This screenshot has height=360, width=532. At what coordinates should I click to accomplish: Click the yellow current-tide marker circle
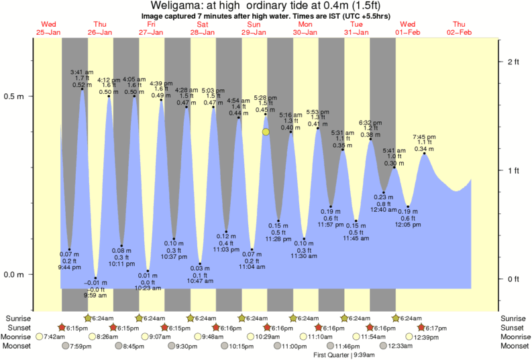(266, 132)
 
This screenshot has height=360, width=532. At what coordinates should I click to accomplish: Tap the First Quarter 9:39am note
(343, 355)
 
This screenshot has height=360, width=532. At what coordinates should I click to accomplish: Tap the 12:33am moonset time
(400, 346)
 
